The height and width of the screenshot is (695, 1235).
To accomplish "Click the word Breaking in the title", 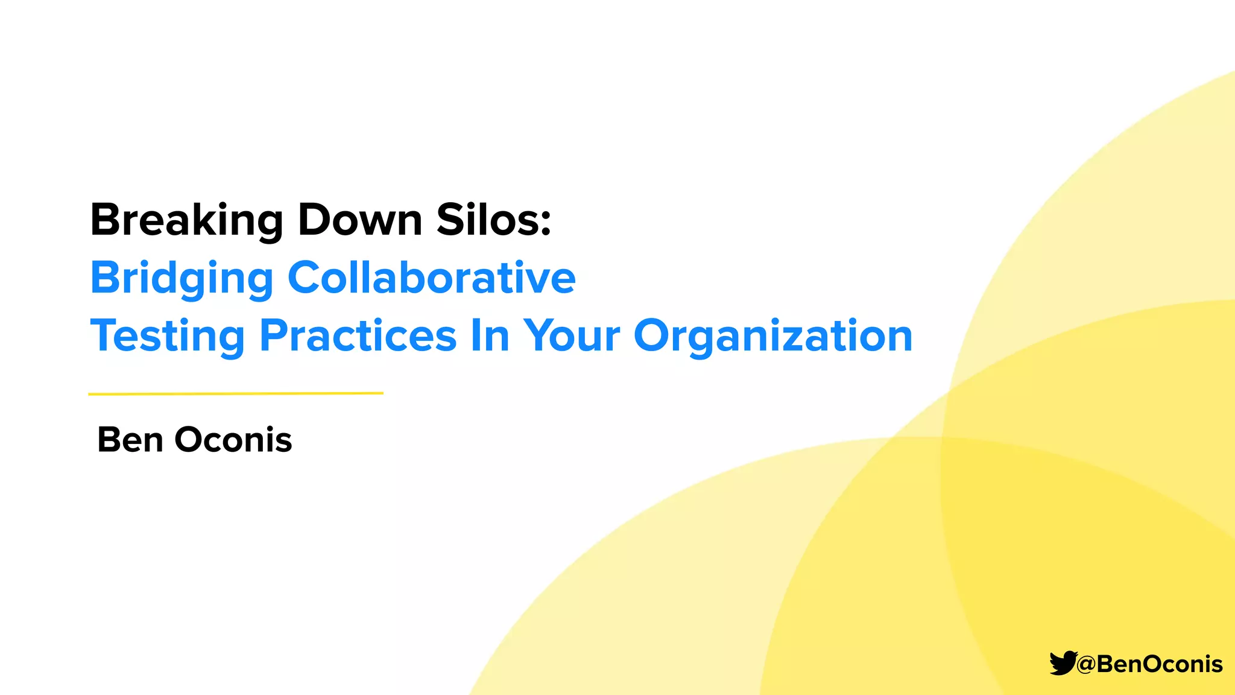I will tap(186, 221).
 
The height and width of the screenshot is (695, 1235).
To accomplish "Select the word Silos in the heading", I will tap(487, 221).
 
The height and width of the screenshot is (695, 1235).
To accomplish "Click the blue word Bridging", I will tap(182, 279).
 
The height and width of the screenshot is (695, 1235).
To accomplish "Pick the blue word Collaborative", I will tap(431, 278).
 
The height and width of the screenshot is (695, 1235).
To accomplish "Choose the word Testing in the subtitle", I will tap(167, 336).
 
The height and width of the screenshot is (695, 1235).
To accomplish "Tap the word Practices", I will tap(358, 336).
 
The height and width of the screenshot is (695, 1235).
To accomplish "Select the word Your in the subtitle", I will tap(571, 336).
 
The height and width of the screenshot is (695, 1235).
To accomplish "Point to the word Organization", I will tap(772, 336).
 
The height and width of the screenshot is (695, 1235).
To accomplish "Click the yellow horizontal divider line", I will tap(235, 393).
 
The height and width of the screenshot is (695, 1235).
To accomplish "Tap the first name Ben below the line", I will tap(130, 440).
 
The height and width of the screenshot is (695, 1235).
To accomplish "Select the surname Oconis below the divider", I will tap(233, 440).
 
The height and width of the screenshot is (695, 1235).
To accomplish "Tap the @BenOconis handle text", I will tap(1149, 664).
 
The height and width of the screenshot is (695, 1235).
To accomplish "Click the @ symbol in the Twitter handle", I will tap(1085, 665).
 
